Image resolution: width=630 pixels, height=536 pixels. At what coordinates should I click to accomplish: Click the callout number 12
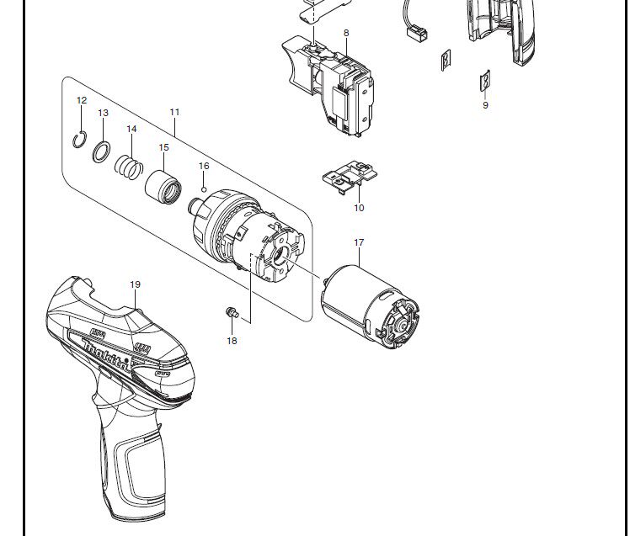point(82,100)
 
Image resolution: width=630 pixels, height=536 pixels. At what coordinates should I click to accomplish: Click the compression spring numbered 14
point(129,167)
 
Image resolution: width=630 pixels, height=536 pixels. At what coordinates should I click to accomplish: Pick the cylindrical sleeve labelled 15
point(163,187)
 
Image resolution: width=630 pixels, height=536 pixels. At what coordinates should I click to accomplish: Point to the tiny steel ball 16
point(204,189)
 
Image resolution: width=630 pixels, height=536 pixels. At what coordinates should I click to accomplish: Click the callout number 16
point(204,166)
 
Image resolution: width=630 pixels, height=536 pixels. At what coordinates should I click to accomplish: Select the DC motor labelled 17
point(370,307)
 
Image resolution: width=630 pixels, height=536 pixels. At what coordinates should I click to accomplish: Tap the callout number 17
point(359,242)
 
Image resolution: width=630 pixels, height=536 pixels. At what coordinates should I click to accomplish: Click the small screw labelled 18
point(232,313)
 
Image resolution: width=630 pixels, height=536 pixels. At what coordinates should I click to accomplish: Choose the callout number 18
point(232,341)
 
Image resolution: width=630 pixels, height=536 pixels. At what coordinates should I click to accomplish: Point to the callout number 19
point(136,284)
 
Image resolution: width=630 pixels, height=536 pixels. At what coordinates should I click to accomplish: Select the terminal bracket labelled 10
point(350,177)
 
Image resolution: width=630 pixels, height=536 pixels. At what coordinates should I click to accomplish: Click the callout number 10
point(359,208)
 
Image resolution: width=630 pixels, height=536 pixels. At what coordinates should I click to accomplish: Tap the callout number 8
point(346,33)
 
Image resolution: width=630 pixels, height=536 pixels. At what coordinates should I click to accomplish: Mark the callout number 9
point(485,105)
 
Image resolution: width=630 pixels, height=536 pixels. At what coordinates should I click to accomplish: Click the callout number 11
point(174,112)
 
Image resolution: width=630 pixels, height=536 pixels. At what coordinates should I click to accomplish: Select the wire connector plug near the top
point(418,33)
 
